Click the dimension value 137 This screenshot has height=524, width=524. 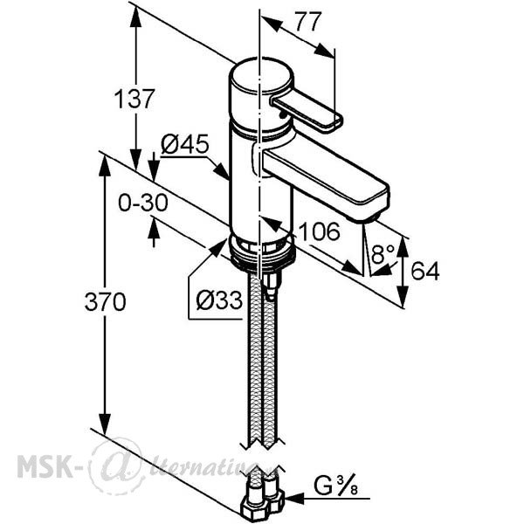coord(134,99)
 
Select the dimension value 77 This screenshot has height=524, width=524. coord(307,22)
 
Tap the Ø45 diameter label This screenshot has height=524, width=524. coord(185,144)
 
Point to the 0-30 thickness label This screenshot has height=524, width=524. coord(143,203)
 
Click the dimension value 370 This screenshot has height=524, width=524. coord(106,301)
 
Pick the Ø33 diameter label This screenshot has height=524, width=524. coord(219,300)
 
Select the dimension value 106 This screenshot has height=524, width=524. coord(319,231)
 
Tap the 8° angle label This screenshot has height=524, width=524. coord(383,254)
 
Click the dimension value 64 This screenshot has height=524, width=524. coord(425,271)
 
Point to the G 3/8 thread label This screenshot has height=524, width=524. coord(336,486)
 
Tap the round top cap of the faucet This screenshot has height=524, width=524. coord(260,76)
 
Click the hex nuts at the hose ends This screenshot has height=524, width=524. coord(264,503)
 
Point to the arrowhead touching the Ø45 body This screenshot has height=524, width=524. coord(221,171)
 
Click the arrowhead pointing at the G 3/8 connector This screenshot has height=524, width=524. coord(294,499)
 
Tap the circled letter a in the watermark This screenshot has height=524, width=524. coord(118,465)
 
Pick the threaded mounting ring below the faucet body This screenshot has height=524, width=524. coord(262,252)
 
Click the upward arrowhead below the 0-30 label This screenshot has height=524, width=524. coord(154,227)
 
